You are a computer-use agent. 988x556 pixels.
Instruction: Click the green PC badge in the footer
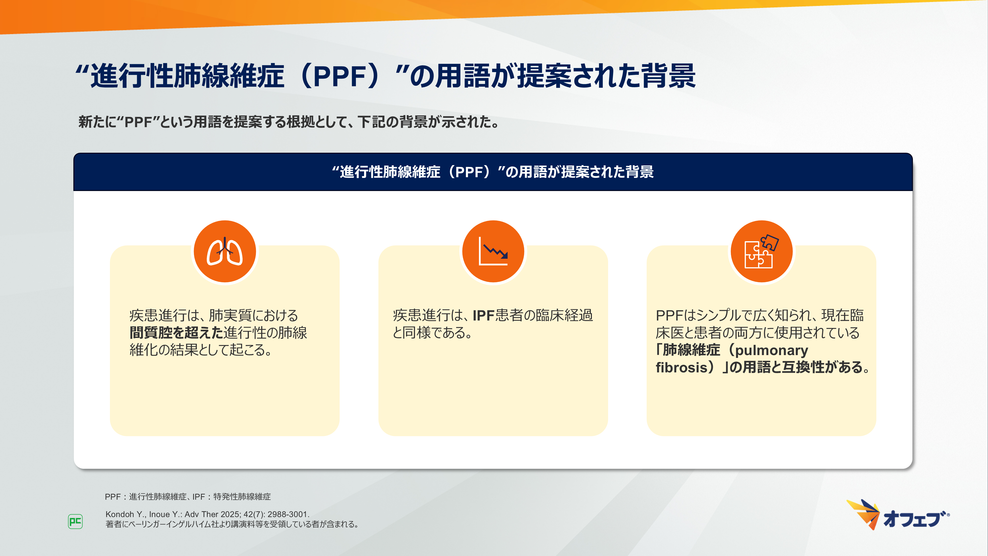pos(75,521)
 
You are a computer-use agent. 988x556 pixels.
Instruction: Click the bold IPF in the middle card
pos(484,315)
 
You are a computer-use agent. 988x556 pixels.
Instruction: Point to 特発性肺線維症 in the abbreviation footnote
pos(242,496)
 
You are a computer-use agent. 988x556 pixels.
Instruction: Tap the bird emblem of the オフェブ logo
pos(863,514)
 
